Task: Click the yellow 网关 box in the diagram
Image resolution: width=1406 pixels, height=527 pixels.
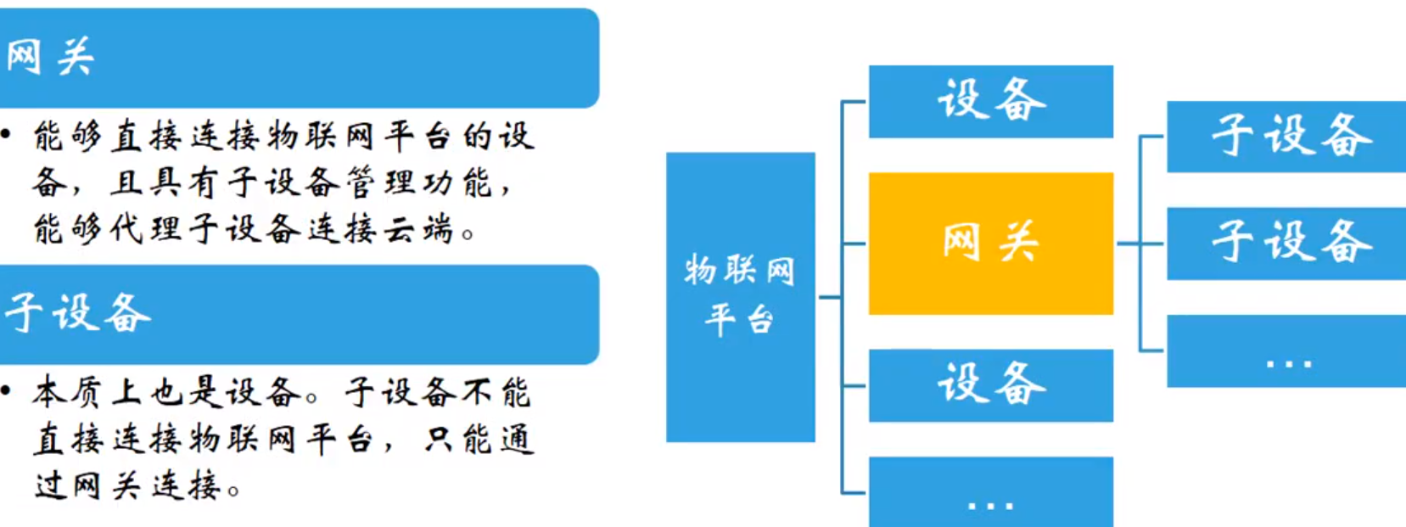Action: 990,244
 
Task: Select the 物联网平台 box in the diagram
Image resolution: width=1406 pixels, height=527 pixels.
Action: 740,296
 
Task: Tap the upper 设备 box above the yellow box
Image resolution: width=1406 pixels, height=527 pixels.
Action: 990,101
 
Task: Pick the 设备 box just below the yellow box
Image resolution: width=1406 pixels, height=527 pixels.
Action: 990,384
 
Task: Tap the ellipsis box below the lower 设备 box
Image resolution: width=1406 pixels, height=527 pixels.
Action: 990,492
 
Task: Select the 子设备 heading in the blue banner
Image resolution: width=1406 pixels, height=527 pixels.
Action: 76,313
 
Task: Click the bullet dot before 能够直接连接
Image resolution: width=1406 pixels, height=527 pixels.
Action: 6,133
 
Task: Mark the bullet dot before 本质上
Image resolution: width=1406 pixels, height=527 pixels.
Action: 6,390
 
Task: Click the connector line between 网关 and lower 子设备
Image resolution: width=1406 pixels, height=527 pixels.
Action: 1140,244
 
